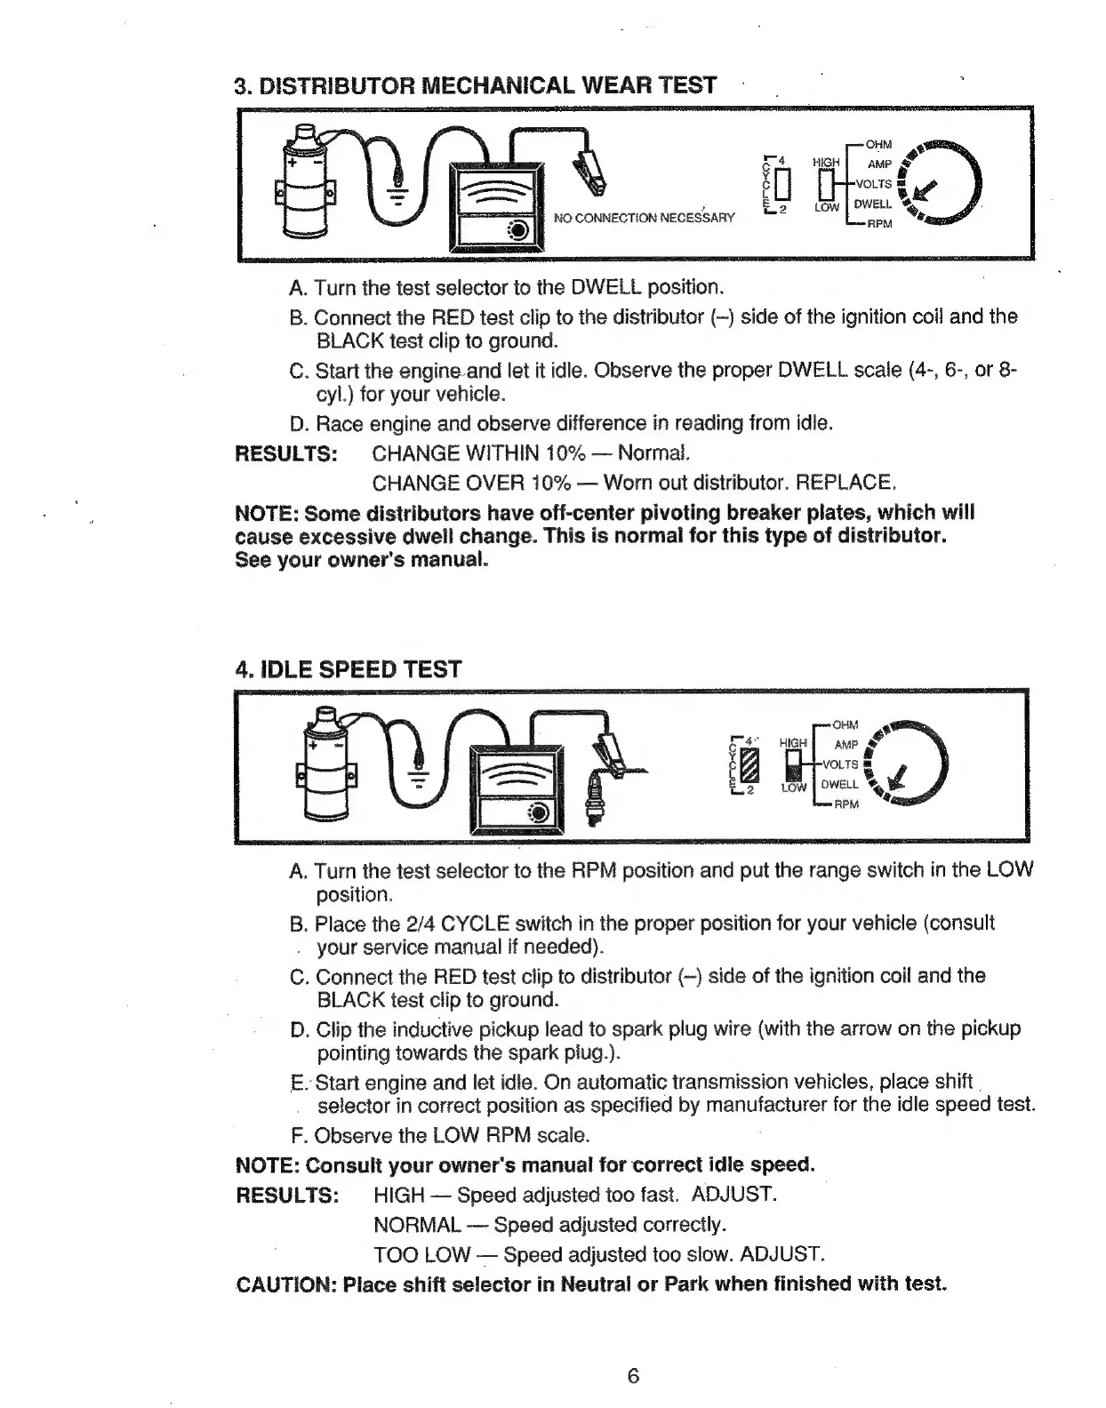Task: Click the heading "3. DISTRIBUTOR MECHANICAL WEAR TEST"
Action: coord(475,85)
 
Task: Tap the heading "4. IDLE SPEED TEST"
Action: coord(348,668)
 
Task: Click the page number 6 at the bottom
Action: coord(633,1376)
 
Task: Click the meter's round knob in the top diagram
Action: coord(518,231)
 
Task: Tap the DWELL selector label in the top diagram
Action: coord(873,204)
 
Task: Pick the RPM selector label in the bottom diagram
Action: coord(847,804)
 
